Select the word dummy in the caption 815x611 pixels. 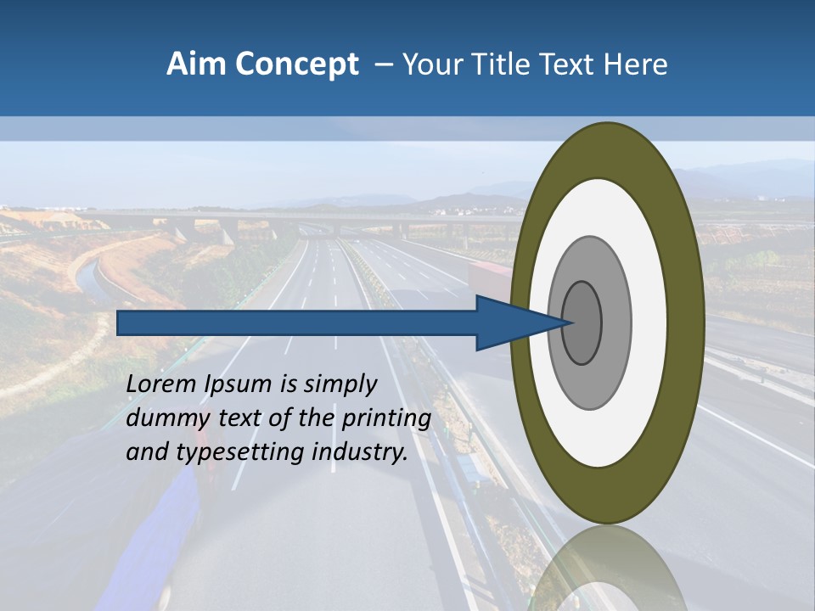pyautogui.click(x=165, y=418)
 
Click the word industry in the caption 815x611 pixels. pyautogui.click(x=360, y=452)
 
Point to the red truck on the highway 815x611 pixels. pyautogui.click(x=491, y=278)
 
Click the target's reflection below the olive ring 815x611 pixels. pyautogui.click(x=607, y=569)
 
